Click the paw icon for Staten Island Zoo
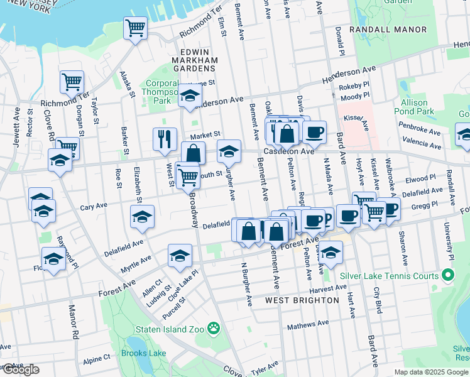tap(214, 327)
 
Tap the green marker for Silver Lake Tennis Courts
tap(447, 276)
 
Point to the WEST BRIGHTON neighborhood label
tap(302, 300)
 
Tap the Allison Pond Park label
tap(413, 107)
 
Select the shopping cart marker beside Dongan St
tap(72, 82)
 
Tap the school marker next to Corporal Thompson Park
tap(189, 95)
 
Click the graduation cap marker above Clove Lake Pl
tap(180, 255)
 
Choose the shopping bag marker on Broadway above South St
tap(194, 153)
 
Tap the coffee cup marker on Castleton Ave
tap(314, 132)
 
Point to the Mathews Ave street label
tap(308, 325)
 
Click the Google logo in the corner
tap(20, 369)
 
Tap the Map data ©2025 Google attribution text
tap(430, 372)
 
